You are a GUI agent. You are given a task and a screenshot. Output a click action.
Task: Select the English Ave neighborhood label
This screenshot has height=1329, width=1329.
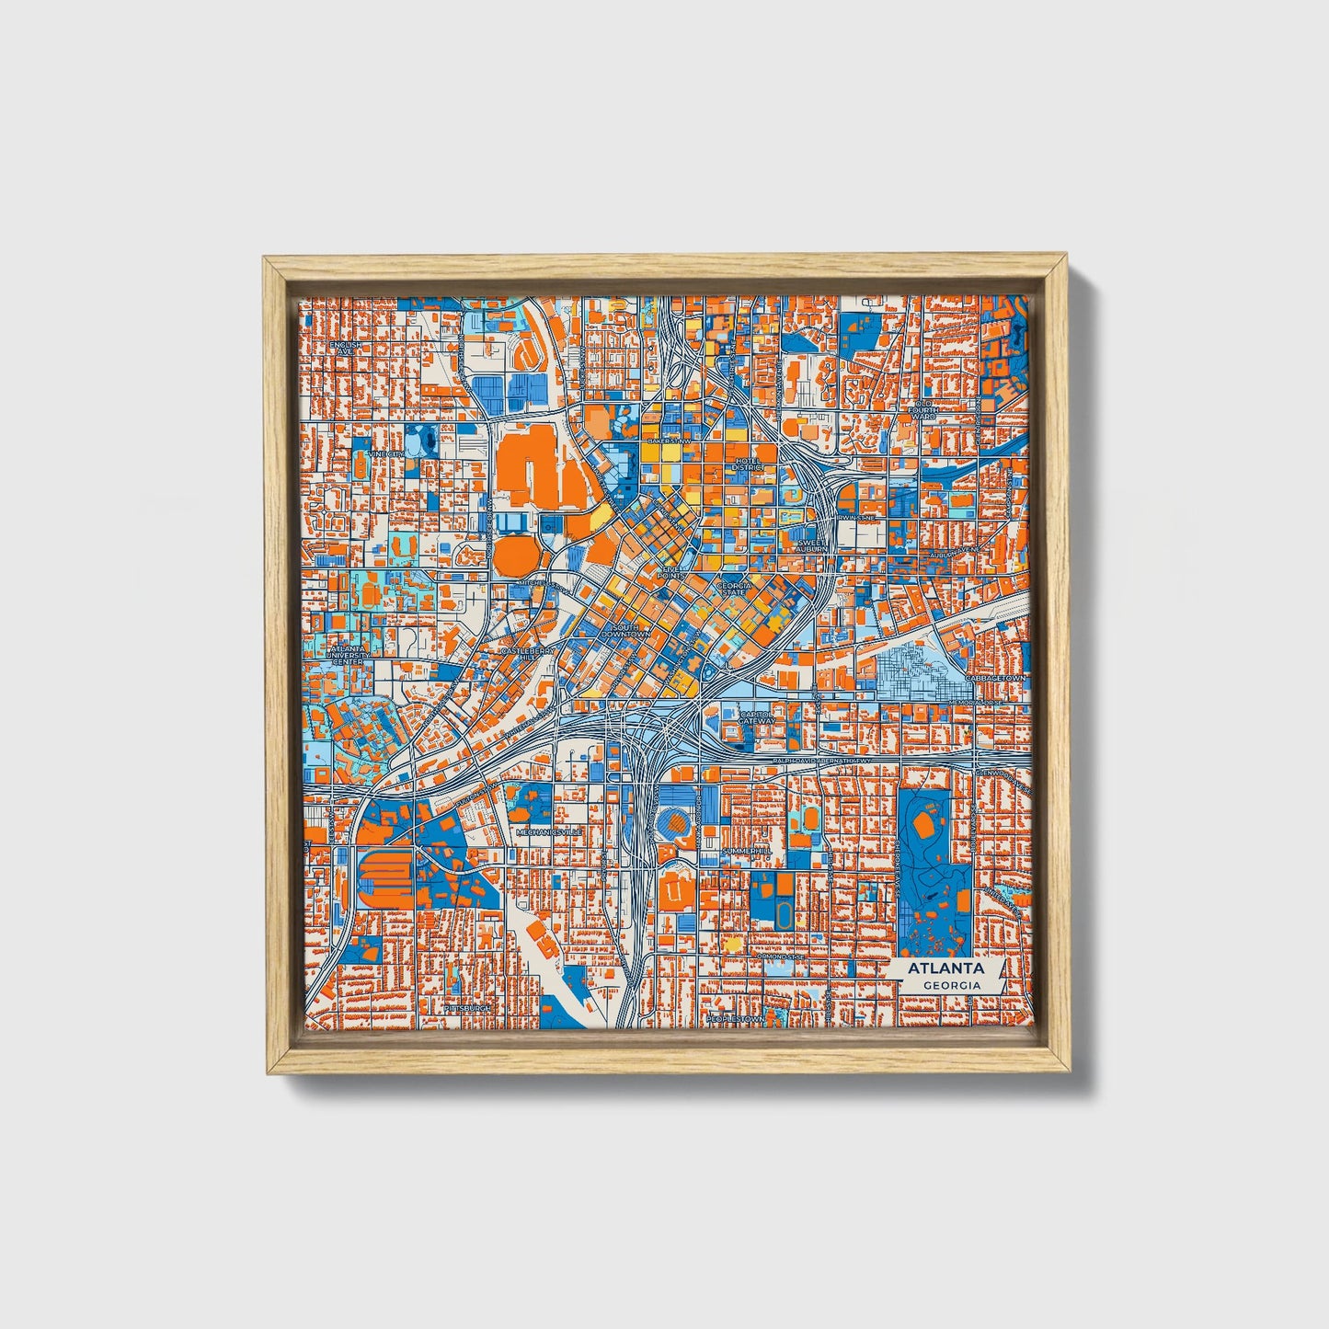point(347,348)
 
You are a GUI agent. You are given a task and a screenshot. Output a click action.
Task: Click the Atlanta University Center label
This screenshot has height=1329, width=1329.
point(347,655)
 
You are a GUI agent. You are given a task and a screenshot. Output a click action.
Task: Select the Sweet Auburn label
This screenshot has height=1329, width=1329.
point(813,545)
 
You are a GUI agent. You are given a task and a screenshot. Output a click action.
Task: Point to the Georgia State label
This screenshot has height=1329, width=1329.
point(733,589)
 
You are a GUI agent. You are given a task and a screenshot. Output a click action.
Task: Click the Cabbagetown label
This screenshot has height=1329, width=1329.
point(994,678)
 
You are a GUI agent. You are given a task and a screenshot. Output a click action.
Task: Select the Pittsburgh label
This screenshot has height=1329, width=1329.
point(467,1008)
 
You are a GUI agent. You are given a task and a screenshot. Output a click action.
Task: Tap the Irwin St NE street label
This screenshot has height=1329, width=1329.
point(855,517)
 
